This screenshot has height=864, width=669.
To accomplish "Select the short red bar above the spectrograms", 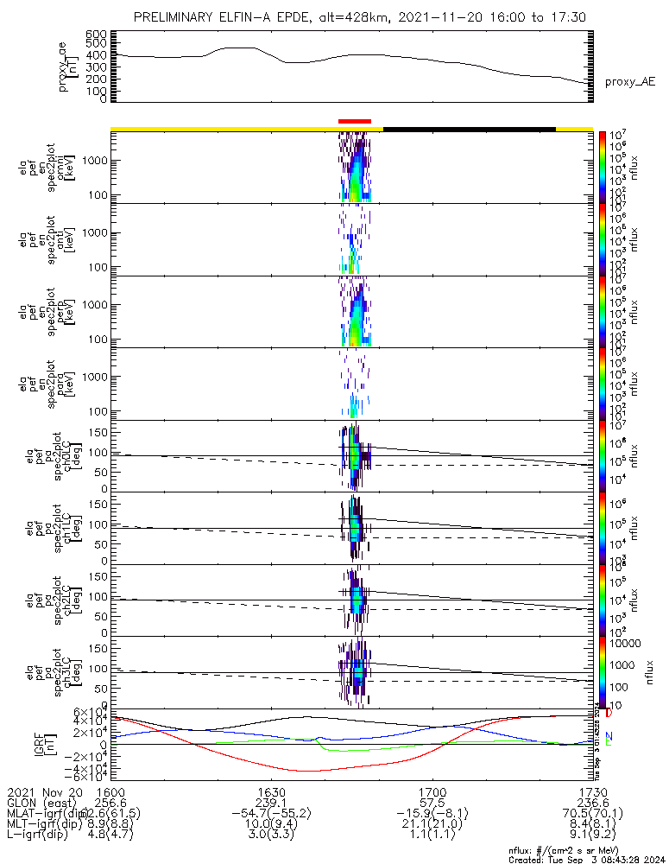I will [355, 122].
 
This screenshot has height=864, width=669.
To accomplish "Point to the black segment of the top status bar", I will [469, 129].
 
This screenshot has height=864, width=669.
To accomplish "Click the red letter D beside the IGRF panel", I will [609, 714].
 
